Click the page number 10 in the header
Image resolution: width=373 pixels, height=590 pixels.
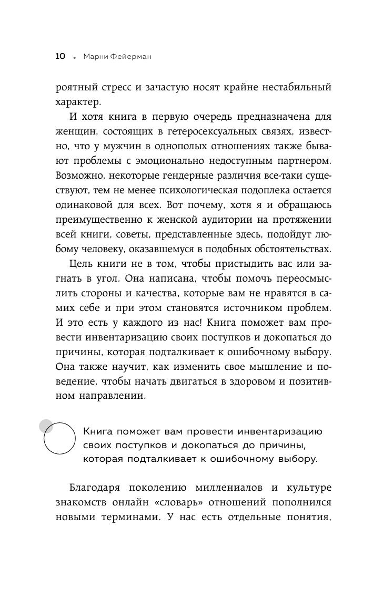tap(59, 56)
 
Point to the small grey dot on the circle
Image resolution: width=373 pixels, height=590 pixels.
tap(46, 425)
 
